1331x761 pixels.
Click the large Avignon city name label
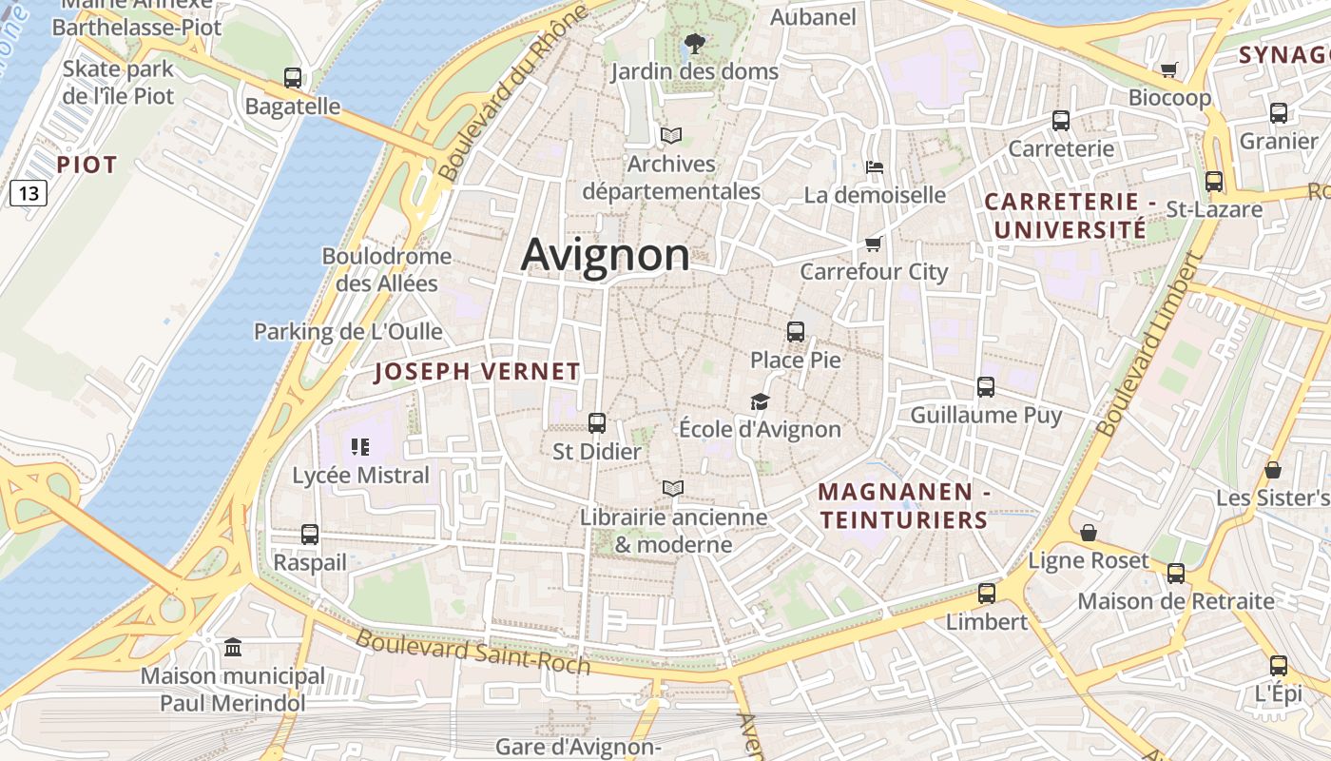pyautogui.click(x=606, y=255)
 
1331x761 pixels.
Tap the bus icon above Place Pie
pyautogui.click(x=796, y=332)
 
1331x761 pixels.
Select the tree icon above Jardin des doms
pyautogui.click(x=694, y=43)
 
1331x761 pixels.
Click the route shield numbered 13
pyautogui.click(x=29, y=194)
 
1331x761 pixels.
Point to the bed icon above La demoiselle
pyautogui.click(x=875, y=167)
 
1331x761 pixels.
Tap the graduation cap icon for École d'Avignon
pyautogui.click(x=760, y=401)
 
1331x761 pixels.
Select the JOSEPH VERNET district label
pyautogui.click(x=477, y=371)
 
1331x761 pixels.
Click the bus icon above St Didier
pyautogui.click(x=597, y=423)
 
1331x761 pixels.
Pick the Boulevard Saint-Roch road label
pyautogui.click(x=473, y=653)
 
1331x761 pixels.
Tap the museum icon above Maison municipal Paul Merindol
pyautogui.click(x=233, y=648)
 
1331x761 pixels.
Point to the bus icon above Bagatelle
pyautogui.click(x=293, y=78)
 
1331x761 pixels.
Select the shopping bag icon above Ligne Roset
pyautogui.click(x=1089, y=533)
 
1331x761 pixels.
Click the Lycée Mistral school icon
pyautogui.click(x=360, y=446)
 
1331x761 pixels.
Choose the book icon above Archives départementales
pyautogui.click(x=671, y=136)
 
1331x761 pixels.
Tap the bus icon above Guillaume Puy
pyautogui.click(x=986, y=387)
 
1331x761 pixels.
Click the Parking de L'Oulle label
pyautogui.click(x=348, y=332)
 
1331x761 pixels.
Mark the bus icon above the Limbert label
pyautogui.click(x=987, y=594)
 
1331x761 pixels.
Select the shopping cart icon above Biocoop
pyautogui.click(x=1169, y=69)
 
